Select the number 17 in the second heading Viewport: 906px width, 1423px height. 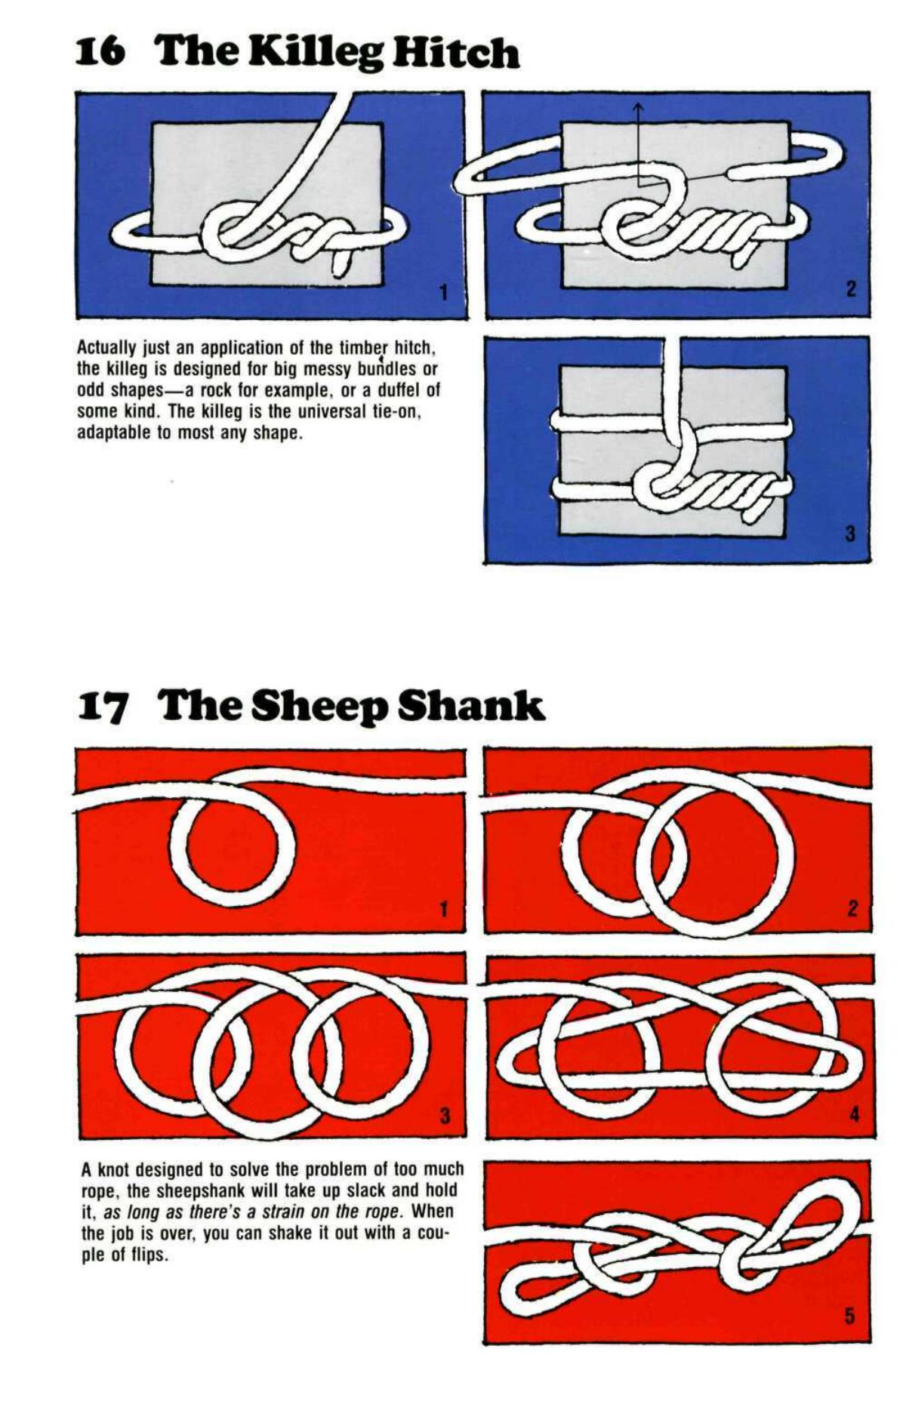click(x=103, y=707)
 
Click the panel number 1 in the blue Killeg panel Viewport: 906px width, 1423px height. click(x=444, y=291)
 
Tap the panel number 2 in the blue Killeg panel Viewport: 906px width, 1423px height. click(x=851, y=289)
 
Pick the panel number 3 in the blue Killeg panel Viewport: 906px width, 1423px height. click(x=850, y=534)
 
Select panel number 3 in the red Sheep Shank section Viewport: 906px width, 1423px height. click(x=445, y=1115)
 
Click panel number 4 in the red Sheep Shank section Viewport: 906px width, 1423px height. click(x=854, y=1114)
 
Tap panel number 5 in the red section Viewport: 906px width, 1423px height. click(x=849, y=1317)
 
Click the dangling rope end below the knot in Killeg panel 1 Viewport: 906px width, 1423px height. click(x=341, y=262)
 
